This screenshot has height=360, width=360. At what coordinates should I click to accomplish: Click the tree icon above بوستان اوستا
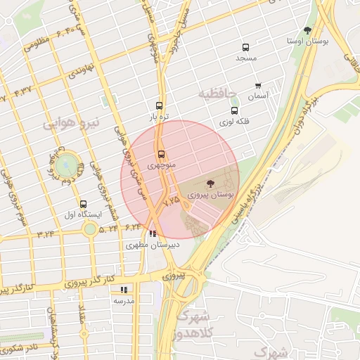click(x=307, y=30)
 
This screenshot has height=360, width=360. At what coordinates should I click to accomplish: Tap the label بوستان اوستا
click(x=307, y=41)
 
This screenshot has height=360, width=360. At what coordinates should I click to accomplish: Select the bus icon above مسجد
click(x=245, y=46)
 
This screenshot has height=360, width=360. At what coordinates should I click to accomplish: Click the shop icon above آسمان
click(x=258, y=86)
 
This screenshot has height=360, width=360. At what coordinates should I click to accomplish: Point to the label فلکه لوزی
click(x=234, y=122)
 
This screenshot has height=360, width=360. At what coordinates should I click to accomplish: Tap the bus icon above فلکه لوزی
click(x=234, y=110)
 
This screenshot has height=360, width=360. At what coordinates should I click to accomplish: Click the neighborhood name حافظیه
click(x=214, y=94)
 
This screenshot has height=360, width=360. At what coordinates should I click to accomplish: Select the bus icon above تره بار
click(x=160, y=105)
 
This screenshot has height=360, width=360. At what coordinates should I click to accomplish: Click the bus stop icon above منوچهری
click(x=161, y=154)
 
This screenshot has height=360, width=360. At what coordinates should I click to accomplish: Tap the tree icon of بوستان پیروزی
click(x=212, y=183)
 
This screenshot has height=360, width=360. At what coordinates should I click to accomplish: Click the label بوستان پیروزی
click(x=212, y=194)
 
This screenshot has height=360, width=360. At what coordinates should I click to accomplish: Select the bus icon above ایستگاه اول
click(x=84, y=204)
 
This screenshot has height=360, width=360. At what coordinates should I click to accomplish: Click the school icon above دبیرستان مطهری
click(x=153, y=234)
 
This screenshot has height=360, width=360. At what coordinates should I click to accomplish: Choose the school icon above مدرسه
click(x=124, y=289)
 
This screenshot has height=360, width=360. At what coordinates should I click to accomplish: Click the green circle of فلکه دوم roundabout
click(x=69, y=166)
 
